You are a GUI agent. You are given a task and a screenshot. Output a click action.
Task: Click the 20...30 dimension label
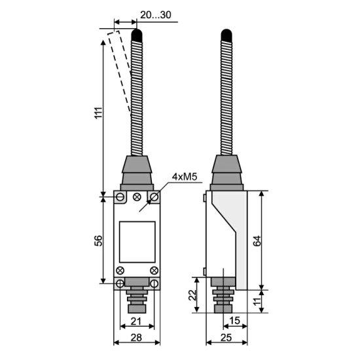coord(156,15)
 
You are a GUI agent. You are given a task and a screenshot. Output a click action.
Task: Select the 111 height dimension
coord(99,113)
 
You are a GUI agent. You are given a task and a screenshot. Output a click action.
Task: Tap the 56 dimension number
coord(99,241)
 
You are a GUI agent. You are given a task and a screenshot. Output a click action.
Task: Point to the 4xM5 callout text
coord(185,177)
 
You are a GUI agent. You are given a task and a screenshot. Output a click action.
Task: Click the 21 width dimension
coord(136,321)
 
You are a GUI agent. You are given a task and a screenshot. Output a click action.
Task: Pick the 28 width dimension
coord(136,338)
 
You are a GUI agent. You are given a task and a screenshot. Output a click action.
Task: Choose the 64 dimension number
coord(257,241)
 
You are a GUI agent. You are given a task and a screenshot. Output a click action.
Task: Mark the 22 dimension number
coord(192,295)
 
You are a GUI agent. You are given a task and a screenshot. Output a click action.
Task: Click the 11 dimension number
coord(257,301)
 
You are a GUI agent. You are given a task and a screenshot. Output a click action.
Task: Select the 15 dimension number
coord(234,321)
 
